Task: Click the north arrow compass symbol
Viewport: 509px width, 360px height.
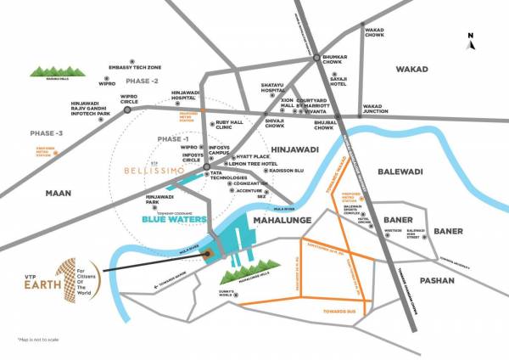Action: tap(472, 37)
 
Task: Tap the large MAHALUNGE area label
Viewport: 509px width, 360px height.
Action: tap(285, 219)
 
